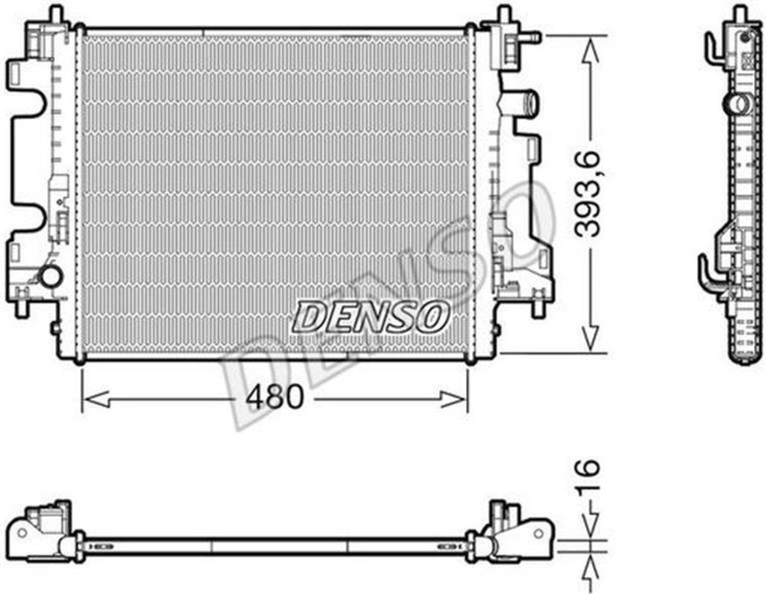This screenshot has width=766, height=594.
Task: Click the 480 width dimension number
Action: (275, 396)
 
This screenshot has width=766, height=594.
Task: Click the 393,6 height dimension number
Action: (587, 194)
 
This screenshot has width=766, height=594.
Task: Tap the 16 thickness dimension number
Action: (587, 477)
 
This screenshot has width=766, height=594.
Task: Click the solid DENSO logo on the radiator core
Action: (370, 316)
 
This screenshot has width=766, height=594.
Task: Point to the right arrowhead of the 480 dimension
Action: (453, 399)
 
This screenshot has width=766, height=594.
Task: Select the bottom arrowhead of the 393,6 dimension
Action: (590, 339)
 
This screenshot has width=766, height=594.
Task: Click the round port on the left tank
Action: (51, 277)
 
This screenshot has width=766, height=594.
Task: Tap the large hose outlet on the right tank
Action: (527, 102)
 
